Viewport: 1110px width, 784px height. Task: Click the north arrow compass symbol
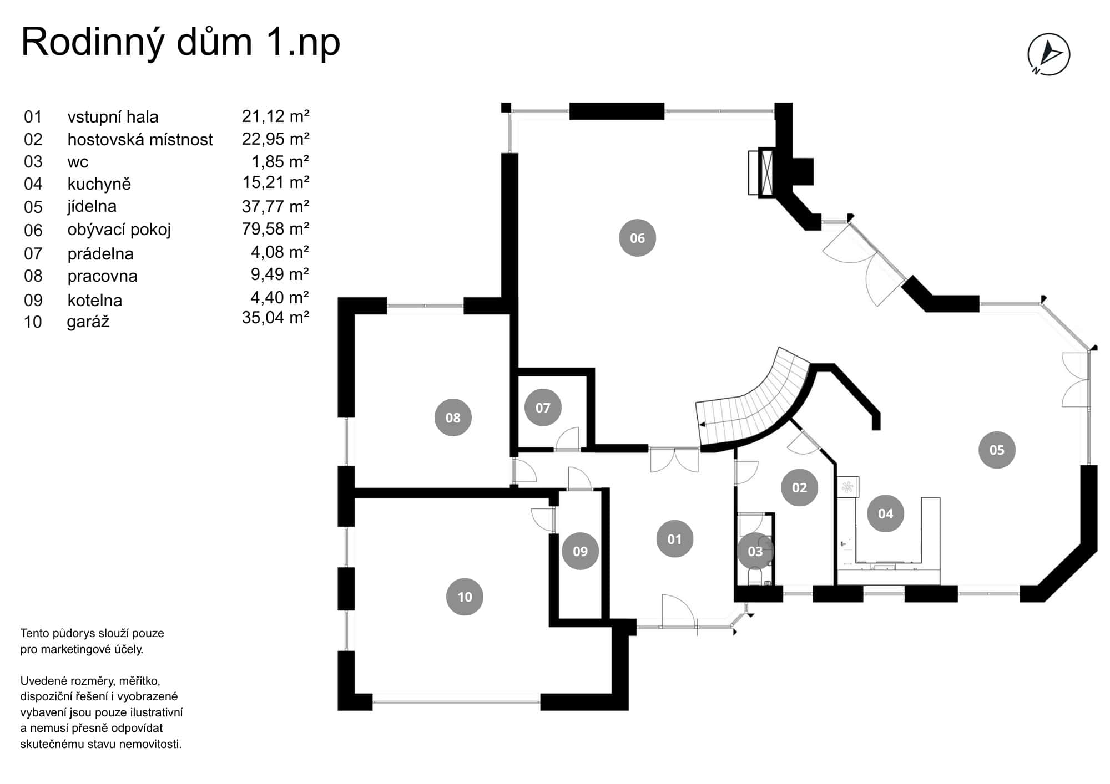click(x=1048, y=54)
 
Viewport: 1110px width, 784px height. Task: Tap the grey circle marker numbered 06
click(x=637, y=238)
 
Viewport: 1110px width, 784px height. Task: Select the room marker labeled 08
click(x=453, y=418)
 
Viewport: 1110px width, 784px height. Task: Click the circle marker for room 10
click(x=465, y=597)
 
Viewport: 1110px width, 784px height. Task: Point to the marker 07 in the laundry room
click(x=543, y=408)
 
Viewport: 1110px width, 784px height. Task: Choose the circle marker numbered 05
click(x=997, y=450)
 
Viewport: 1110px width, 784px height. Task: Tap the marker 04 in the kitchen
click(x=885, y=513)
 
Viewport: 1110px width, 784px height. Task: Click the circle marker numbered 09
click(x=580, y=551)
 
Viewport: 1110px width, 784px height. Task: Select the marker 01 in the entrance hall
click(x=674, y=539)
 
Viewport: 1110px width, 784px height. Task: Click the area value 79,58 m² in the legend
click(x=275, y=228)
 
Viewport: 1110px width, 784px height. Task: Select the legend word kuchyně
click(x=99, y=184)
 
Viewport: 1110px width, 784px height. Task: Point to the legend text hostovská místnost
click(x=140, y=139)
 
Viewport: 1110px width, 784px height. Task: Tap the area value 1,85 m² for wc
click(x=280, y=161)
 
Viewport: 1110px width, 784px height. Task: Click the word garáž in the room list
click(x=88, y=322)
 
